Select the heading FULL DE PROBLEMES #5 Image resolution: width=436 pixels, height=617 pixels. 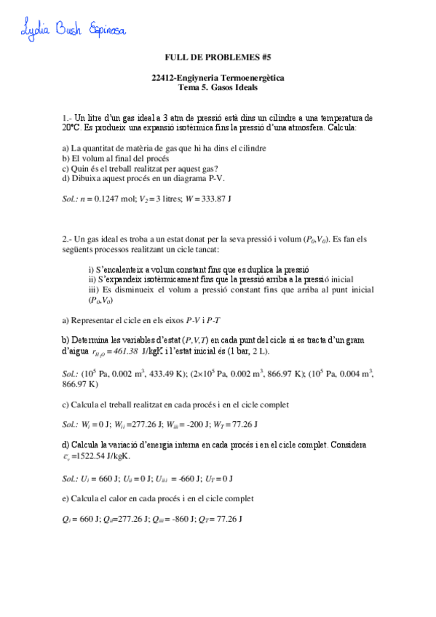click(x=218, y=56)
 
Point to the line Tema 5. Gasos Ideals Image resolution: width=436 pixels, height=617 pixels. click(x=218, y=87)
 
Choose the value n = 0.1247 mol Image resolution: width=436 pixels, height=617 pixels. click(x=109, y=198)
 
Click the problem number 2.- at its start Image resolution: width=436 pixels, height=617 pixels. click(x=68, y=239)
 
